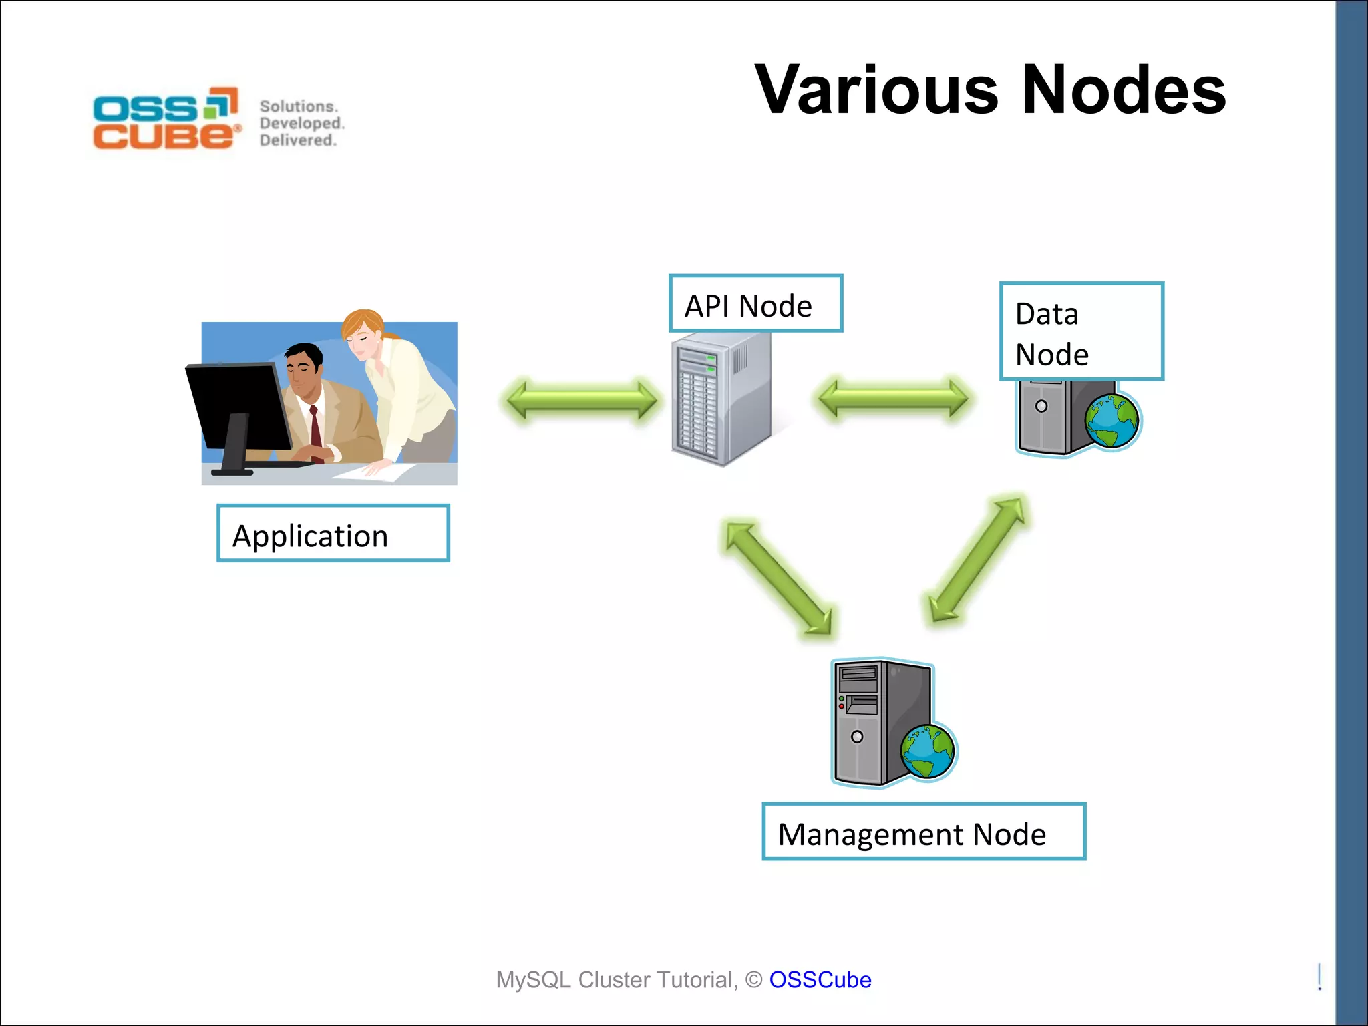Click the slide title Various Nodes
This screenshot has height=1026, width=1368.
tap(990, 90)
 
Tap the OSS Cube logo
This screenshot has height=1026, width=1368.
tap(166, 119)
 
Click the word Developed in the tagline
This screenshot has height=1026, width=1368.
tap(301, 124)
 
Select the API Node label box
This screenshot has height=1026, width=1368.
tap(755, 304)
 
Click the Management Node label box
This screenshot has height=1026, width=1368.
tap(923, 832)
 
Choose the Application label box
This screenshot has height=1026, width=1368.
tap(333, 534)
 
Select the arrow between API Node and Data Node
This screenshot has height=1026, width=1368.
tap(893, 399)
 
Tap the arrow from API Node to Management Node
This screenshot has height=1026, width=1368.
tap(779, 577)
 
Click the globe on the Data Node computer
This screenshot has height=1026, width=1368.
tap(1111, 421)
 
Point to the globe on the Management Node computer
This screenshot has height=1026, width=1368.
tap(928, 752)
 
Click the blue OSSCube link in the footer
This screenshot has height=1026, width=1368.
tap(820, 980)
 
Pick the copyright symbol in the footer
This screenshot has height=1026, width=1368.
tap(753, 980)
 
